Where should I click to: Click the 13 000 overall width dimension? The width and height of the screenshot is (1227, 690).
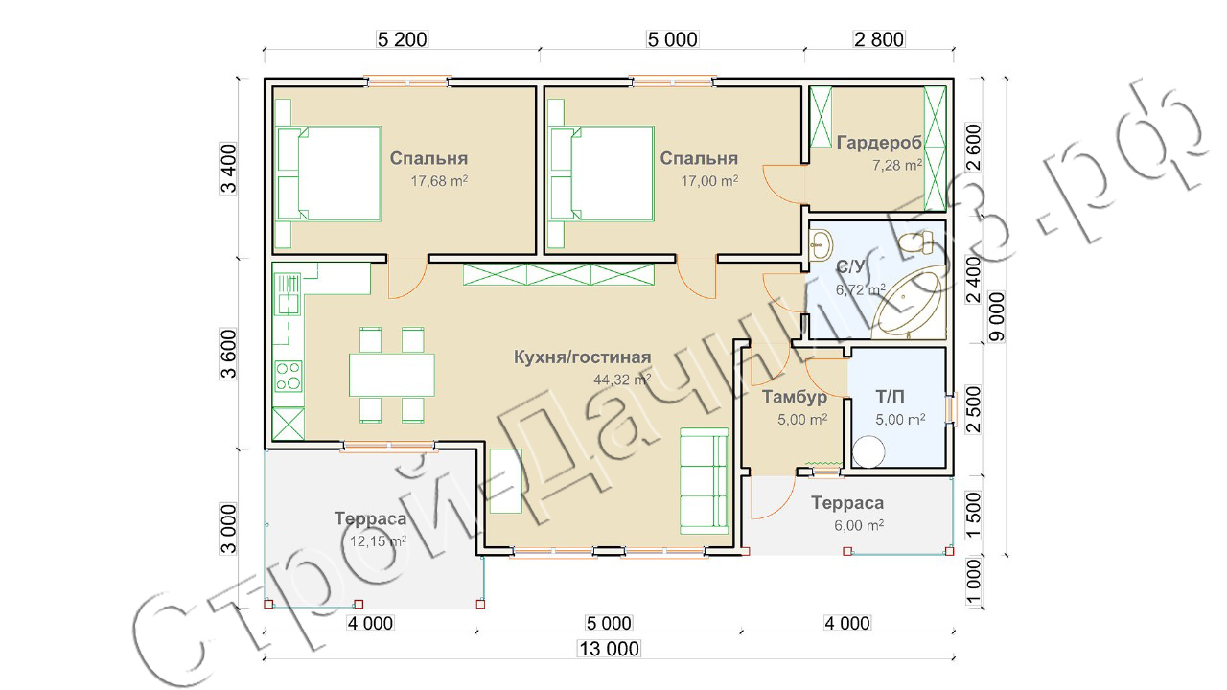tap(609, 649)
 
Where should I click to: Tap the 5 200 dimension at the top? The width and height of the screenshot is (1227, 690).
tap(402, 39)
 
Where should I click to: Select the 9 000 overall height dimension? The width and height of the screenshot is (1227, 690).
tap(998, 316)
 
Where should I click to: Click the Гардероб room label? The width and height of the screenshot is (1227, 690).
tap(879, 143)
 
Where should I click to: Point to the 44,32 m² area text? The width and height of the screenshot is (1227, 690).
tap(622, 379)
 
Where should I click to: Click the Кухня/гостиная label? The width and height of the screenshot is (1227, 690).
tap(582, 357)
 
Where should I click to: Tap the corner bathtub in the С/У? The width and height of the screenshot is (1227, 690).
tap(908, 303)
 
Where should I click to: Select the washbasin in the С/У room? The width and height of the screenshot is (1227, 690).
tap(822, 244)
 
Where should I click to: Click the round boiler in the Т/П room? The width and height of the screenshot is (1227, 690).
tap(868, 451)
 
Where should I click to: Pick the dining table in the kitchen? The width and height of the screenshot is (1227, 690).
tap(392, 375)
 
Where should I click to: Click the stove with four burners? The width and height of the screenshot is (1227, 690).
tap(289, 376)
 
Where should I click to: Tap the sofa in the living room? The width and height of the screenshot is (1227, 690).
tap(704, 481)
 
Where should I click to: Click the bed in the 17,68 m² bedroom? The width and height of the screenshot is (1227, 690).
tap(329, 174)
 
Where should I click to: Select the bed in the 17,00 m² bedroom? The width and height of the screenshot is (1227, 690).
tap(602, 174)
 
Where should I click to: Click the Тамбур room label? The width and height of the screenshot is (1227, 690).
tap(795, 397)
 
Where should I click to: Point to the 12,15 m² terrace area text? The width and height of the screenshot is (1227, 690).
tap(378, 541)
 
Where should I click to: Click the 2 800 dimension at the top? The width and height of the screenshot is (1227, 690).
tap(879, 39)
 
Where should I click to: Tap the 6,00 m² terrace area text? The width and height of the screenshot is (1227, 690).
tap(859, 526)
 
